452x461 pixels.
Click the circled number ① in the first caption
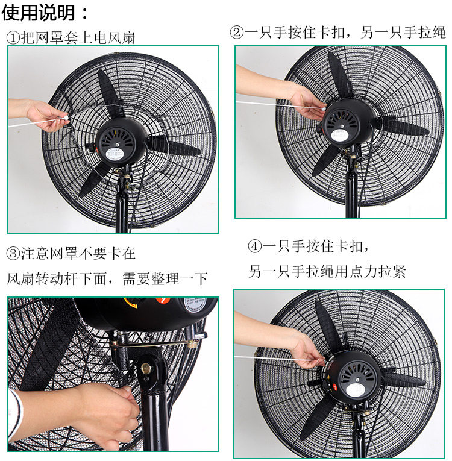click(x=13, y=38)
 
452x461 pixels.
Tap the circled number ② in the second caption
click(x=237, y=32)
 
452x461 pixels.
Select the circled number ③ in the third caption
click(x=13, y=254)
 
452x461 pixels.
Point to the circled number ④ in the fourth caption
click(x=254, y=246)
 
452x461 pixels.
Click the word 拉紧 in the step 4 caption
click(x=392, y=271)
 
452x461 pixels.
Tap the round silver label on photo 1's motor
click(x=114, y=154)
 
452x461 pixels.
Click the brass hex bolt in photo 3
click(x=146, y=368)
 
